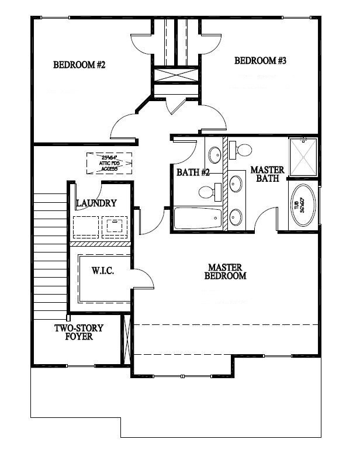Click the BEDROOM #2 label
click(79, 65)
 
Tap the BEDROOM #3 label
click(260, 60)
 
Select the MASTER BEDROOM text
click(225, 271)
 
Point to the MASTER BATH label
click(267, 174)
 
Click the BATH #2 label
click(193, 172)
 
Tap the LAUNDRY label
click(96, 203)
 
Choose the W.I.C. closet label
click(102, 272)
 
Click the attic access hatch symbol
click(109, 162)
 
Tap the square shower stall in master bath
click(303, 156)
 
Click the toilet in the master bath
click(241, 150)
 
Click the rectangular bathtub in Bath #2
click(198, 219)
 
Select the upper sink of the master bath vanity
click(237, 184)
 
